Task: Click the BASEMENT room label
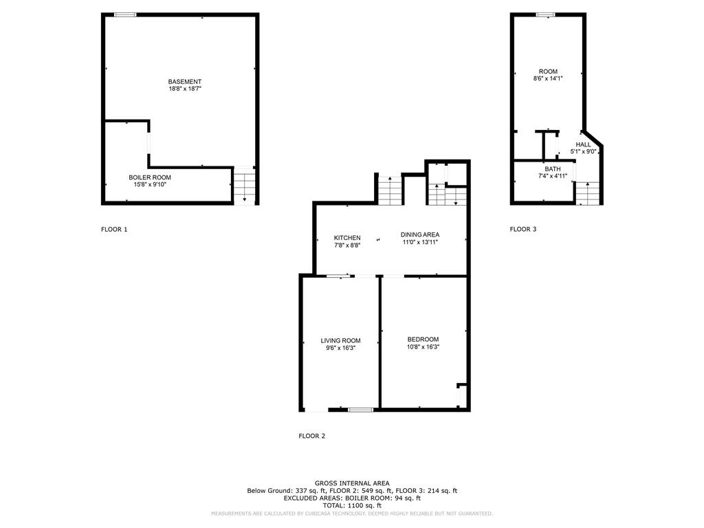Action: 184,82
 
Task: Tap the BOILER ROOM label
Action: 150,177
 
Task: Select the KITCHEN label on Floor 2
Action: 347,238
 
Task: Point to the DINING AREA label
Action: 420,234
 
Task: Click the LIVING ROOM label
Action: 340,340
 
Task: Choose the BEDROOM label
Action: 423,340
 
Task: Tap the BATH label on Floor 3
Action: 553,169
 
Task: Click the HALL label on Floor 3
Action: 583,144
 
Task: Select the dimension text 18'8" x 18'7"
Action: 184,89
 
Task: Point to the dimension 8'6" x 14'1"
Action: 548,78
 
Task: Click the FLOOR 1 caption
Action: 114,230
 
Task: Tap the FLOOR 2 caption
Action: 311,436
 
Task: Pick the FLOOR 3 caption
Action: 522,230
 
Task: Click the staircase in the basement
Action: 245,186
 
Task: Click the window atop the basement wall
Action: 125,14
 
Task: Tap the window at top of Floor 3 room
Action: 546,14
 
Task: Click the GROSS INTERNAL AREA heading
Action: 352,483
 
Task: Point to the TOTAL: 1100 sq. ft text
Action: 352,505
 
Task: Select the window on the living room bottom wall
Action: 360,410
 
